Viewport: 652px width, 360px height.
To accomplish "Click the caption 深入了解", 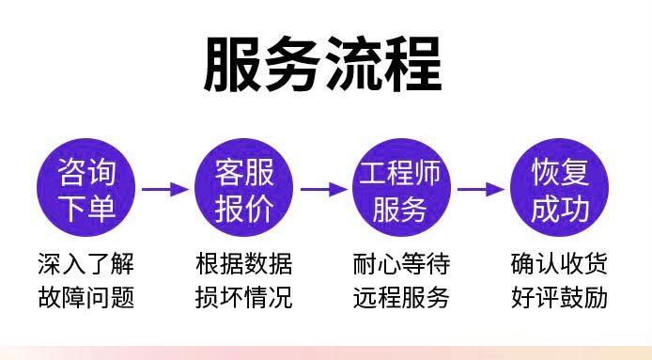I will [86, 261].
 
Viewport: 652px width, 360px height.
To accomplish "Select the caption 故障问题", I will [86, 298].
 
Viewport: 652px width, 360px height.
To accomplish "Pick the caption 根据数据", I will [244, 261].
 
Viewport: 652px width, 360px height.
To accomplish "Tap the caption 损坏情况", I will [244, 298].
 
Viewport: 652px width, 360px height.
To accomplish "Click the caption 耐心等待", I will [401, 261].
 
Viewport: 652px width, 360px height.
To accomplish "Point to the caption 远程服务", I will [401, 298].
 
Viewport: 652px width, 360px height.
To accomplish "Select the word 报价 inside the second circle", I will [244, 208].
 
